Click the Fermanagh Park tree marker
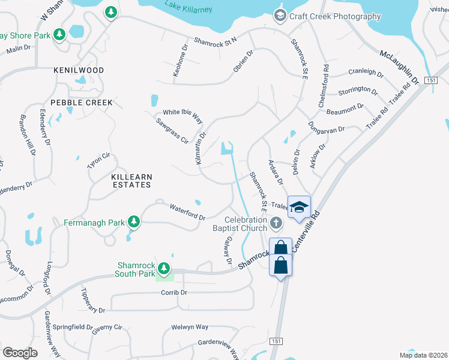coord(133,223)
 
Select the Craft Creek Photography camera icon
coord(279,16)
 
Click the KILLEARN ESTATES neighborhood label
coord(131,181)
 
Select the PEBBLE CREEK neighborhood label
coord(81,103)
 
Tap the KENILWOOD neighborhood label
coord(79,70)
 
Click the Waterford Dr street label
coord(187,213)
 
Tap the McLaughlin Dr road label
coord(399,67)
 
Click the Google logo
coord(19,353)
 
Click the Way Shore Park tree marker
coord(59,35)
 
